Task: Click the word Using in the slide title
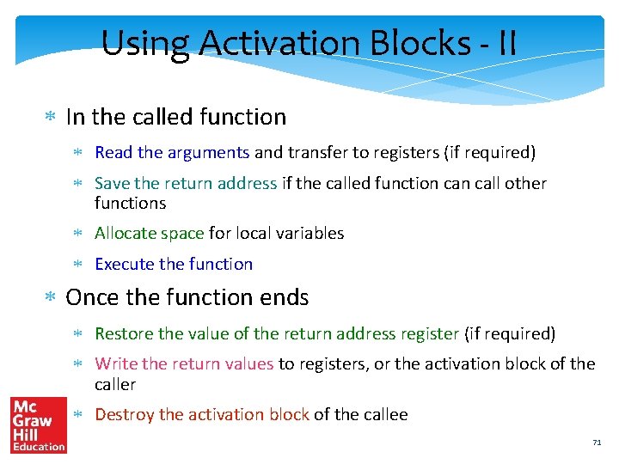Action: coord(138,42)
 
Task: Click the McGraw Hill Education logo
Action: coord(38,424)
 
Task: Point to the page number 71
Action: coord(597,443)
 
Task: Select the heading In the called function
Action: coord(175,117)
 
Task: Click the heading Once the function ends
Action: coord(187,297)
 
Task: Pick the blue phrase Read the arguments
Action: coord(172,153)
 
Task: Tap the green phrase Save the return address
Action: coord(186,183)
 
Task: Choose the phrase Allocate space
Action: coord(150,233)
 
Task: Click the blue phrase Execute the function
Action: coord(174,264)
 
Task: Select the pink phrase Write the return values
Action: coord(184,363)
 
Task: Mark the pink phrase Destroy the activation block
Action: coord(201,414)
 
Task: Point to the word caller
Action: coord(115,384)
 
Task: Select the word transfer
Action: coord(316,153)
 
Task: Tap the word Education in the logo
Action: coord(38,446)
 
